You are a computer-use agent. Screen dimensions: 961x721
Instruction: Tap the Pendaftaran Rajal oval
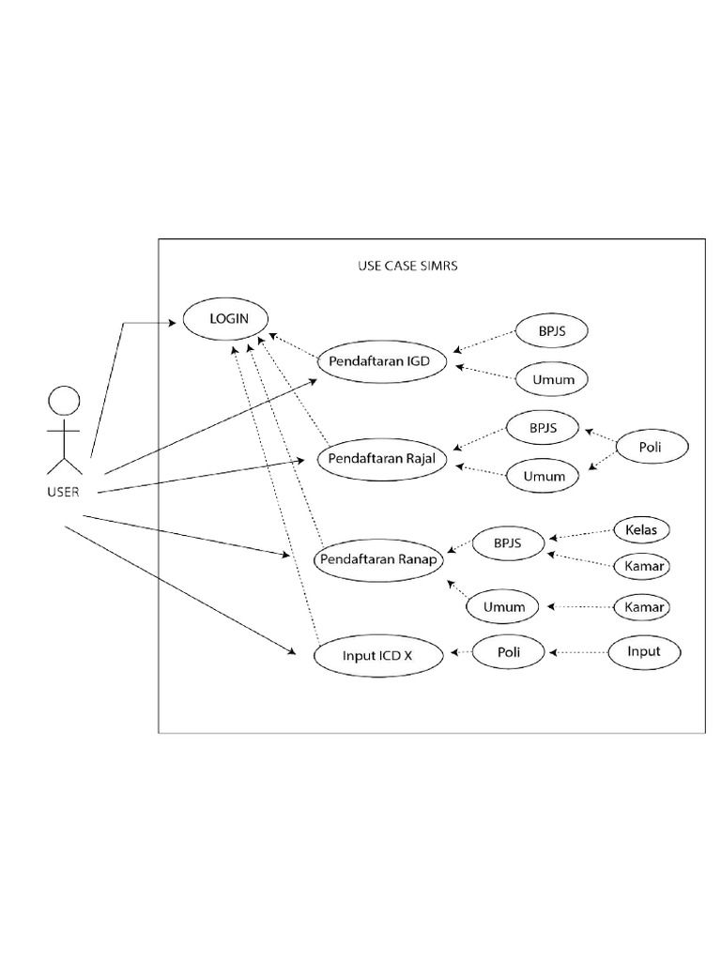(x=380, y=459)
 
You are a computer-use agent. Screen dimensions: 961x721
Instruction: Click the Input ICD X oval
(x=378, y=657)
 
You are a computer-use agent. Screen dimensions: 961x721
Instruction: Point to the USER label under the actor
(x=62, y=491)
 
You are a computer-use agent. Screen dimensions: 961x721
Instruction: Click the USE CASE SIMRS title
(x=407, y=266)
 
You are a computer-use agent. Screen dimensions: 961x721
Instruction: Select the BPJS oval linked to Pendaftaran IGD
(x=552, y=332)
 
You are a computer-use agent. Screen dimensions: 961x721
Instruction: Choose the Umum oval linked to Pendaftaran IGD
(x=552, y=380)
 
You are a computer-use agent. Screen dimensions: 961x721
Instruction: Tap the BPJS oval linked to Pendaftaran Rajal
(x=543, y=428)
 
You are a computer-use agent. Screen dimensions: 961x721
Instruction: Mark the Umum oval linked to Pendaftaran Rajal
(x=543, y=476)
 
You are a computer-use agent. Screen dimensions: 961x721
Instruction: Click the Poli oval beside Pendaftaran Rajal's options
(x=651, y=448)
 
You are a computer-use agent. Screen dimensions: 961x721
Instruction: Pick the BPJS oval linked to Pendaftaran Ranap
(x=509, y=542)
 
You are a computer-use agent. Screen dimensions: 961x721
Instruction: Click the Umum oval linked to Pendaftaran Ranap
(x=504, y=607)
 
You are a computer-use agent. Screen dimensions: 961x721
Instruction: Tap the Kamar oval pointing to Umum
(x=644, y=607)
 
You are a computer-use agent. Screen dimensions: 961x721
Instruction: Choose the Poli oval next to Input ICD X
(x=507, y=651)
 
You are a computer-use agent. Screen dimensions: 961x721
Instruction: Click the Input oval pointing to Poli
(x=644, y=651)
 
